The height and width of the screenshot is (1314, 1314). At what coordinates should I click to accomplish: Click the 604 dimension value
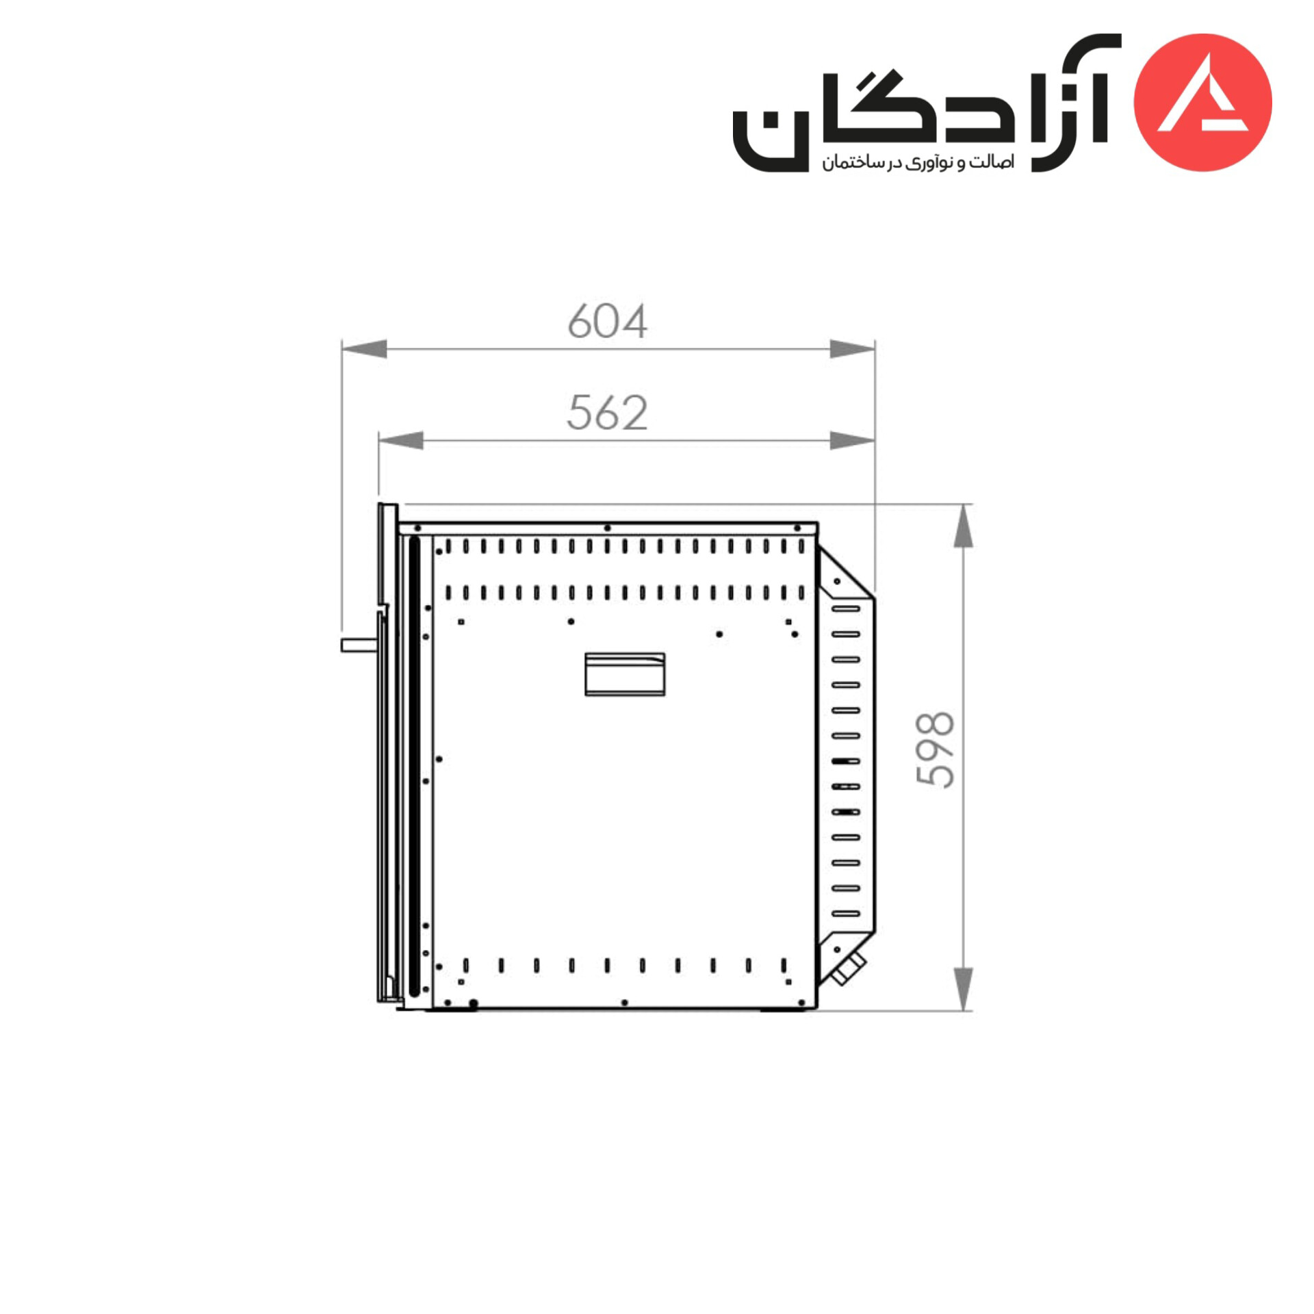(607, 321)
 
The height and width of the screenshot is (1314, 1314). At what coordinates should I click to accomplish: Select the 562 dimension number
(607, 413)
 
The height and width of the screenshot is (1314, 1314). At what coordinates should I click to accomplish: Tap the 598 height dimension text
(934, 750)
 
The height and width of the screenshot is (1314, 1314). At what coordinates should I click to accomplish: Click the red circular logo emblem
(1202, 102)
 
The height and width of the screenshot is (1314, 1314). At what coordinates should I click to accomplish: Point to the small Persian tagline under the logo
(918, 162)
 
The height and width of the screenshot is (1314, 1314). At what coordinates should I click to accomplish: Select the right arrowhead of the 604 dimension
(852, 348)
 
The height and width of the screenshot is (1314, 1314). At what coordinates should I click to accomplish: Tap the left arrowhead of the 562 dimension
(401, 440)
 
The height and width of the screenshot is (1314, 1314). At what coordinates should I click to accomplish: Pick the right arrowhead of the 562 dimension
(852, 440)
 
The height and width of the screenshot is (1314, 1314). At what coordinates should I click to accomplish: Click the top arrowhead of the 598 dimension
(963, 526)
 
